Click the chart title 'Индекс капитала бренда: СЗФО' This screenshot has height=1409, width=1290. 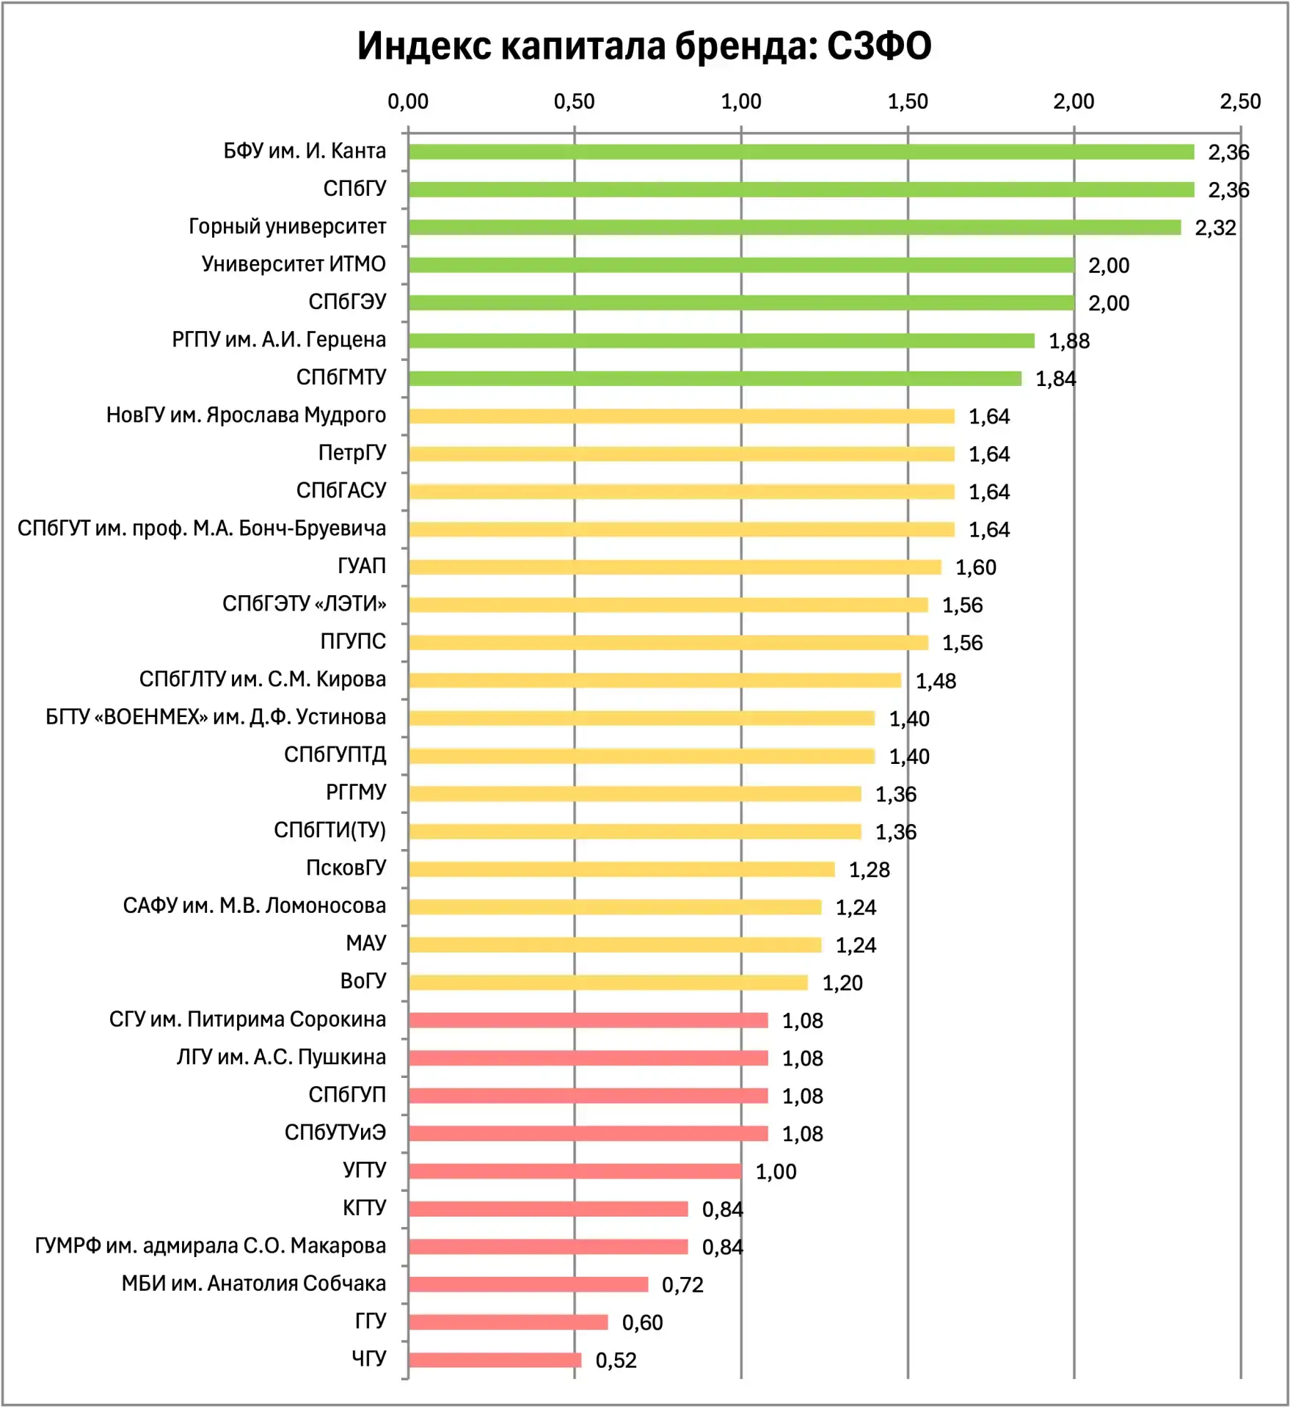click(x=644, y=45)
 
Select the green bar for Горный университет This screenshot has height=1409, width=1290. click(x=795, y=227)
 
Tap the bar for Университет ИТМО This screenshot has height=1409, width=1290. click(x=741, y=265)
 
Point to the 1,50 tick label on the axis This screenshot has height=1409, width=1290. click(x=908, y=101)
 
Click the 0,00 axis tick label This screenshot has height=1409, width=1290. click(x=408, y=101)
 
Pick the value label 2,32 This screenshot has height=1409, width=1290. click(x=1215, y=227)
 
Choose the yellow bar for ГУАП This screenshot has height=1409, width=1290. click(x=675, y=567)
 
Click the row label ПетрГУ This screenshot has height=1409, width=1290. click(x=352, y=453)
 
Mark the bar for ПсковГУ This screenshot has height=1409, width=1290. click(x=622, y=870)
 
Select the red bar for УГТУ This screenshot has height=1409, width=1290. click(x=575, y=1171)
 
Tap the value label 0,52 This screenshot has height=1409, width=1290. click(x=616, y=1360)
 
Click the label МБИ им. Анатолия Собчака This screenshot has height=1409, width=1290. click(x=254, y=1284)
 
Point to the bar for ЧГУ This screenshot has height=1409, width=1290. click(x=495, y=1360)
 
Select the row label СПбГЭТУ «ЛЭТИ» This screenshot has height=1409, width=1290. click(x=305, y=604)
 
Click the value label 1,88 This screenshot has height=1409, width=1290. click(x=1069, y=341)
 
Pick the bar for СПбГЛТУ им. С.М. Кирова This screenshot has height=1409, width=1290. click(x=655, y=680)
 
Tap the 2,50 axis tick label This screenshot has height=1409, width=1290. click(x=1240, y=101)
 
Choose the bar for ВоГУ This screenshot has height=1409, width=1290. click(x=608, y=983)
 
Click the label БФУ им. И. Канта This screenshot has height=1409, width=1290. click(x=305, y=151)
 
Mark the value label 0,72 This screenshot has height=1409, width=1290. click(x=682, y=1284)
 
